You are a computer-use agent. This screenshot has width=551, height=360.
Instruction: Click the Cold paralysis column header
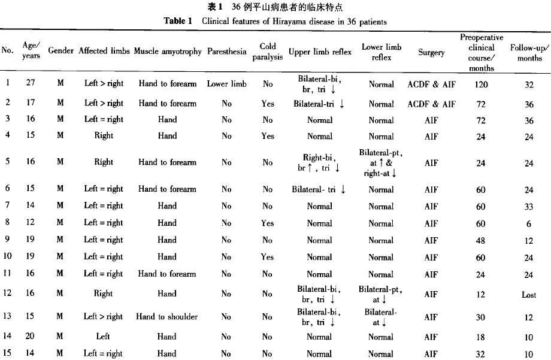(268, 52)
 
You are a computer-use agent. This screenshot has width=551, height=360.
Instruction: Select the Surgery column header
(431, 52)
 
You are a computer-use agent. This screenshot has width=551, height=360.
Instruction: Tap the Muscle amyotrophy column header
(168, 52)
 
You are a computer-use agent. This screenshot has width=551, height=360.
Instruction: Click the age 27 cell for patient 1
(30, 84)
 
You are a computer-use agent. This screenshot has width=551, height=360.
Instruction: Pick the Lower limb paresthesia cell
(226, 84)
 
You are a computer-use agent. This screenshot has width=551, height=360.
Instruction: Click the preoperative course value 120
(481, 84)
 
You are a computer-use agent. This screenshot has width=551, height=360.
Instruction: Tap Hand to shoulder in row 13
(166, 317)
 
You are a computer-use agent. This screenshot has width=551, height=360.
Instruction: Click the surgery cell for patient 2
(431, 104)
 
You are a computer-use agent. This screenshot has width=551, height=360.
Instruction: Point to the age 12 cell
(30, 223)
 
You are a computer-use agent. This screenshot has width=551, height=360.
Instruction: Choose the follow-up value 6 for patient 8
(529, 223)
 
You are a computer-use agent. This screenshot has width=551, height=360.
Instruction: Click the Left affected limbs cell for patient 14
(104, 337)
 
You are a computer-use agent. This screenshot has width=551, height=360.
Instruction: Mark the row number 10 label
(8, 257)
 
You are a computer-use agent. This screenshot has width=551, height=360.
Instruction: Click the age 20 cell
(30, 337)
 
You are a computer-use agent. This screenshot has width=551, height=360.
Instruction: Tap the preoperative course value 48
(481, 240)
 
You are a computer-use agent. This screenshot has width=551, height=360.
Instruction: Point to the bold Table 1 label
(178, 22)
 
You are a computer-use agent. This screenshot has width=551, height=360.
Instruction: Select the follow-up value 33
(529, 207)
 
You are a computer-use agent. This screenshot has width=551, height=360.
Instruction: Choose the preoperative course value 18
(481, 337)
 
